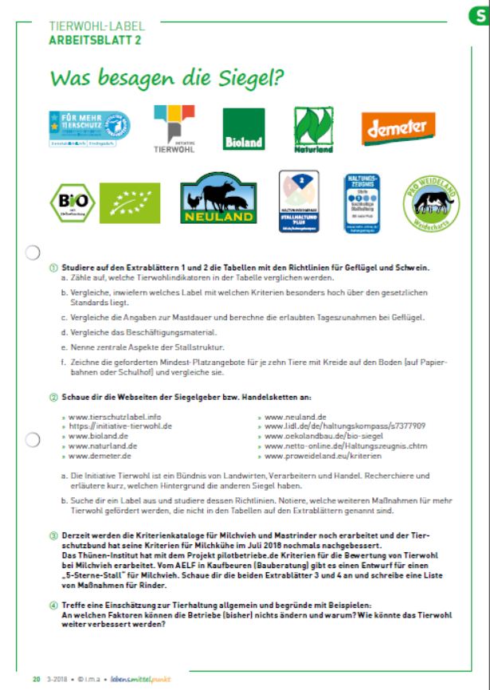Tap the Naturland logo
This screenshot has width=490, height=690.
click(x=316, y=127)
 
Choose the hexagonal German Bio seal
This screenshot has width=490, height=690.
click(x=65, y=202)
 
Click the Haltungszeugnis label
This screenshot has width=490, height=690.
click(x=363, y=203)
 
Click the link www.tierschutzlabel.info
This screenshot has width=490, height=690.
click(x=108, y=416)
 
